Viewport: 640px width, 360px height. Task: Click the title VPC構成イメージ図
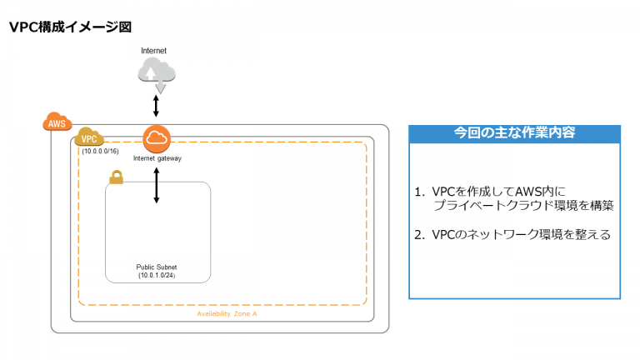(70, 27)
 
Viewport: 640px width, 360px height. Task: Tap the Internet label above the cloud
(153, 51)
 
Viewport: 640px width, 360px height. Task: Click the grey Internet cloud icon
(157, 74)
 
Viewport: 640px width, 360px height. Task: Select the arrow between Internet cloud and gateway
(156, 106)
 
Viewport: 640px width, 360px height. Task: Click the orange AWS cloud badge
(57, 122)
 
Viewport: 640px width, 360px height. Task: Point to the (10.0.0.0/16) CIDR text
(100, 151)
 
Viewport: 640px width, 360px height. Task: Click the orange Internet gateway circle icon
(157, 139)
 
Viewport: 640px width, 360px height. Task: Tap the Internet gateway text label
(157, 158)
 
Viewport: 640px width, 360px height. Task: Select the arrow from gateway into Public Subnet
(157, 185)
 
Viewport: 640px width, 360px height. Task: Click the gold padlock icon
(117, 177)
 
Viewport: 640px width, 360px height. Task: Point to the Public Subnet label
(157, 267)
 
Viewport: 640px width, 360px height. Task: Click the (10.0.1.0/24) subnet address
(157, 276)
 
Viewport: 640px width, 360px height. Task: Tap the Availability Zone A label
(227, 314)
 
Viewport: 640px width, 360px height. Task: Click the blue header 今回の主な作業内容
(515, 132)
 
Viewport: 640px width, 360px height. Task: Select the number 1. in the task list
(420, 192)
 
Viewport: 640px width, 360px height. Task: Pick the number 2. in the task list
(420, 235)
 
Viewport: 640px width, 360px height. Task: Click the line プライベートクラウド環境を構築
(523, 205)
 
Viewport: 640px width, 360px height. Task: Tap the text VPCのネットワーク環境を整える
(521, 235)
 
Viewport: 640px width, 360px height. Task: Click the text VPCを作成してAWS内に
(499, 192)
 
